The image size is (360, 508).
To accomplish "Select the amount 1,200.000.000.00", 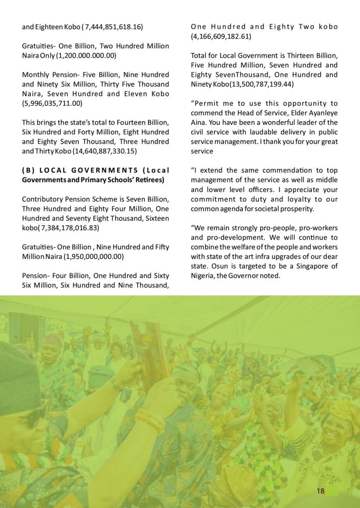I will tap(87, 56).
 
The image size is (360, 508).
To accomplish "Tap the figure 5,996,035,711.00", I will tap(53, 103).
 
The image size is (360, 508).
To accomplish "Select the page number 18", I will tap(320, 491).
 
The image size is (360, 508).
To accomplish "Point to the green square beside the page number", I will tap(333, 491).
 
